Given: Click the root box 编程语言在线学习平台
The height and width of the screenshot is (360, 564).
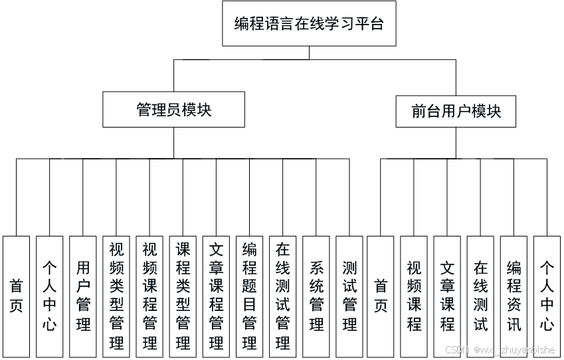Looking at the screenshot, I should click(309, 24).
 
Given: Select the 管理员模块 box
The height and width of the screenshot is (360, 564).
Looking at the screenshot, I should click(174, 110).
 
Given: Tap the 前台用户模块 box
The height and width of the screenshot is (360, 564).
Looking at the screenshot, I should click(456, 111).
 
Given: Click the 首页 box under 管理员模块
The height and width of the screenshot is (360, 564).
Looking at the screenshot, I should click(17, 296).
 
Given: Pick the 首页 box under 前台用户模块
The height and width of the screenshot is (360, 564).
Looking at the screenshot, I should click(381, 296).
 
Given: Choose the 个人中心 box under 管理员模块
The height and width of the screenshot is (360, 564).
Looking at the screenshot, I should click(50, 296).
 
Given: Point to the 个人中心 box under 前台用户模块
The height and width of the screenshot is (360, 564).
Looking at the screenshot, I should click(547, 296).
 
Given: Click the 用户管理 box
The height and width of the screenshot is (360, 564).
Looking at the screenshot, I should click(83, 296).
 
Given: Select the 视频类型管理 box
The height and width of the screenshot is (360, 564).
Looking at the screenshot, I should click(116, 296).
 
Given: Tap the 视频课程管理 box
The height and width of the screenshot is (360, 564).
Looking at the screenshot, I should click(149, 296).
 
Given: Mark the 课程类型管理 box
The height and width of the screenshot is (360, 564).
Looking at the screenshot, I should click(183, 296).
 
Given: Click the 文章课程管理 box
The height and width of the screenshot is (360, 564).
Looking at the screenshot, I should click(216, 296).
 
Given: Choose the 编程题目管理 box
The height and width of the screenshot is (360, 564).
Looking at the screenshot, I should click(250, 296).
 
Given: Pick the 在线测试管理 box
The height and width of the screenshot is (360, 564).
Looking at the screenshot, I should click(283, 296).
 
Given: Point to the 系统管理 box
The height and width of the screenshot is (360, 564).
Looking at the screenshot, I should click(316, 296).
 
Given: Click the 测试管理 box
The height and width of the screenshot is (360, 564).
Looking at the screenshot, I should click(349, 296).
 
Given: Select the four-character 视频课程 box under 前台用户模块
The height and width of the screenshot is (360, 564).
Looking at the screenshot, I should click(415, 296).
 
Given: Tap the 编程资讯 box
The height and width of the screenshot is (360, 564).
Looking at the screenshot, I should click(514, 296).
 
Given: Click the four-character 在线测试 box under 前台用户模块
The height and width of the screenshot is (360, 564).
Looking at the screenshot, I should click(481, 296).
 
